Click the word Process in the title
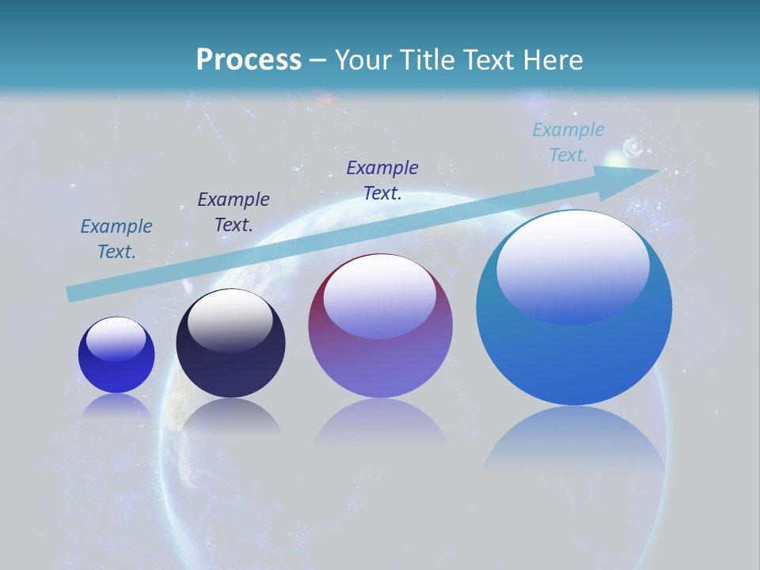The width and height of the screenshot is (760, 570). click(x=249, y=60)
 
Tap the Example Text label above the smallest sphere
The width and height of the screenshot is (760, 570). click(x=116, y=239)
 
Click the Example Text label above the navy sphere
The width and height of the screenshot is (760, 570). click(x=234, y=212)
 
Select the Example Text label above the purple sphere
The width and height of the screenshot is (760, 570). click(x=382, y=180)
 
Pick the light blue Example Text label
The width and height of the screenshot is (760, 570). click(x=568, y=142)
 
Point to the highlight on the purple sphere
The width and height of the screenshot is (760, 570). click(x=379, y=294)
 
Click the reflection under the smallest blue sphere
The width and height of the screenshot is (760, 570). click(x=116, y=405)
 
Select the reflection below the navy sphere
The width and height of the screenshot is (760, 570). click(x=230, y=416)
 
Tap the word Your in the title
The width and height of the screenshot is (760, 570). click(x=360, y=60)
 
